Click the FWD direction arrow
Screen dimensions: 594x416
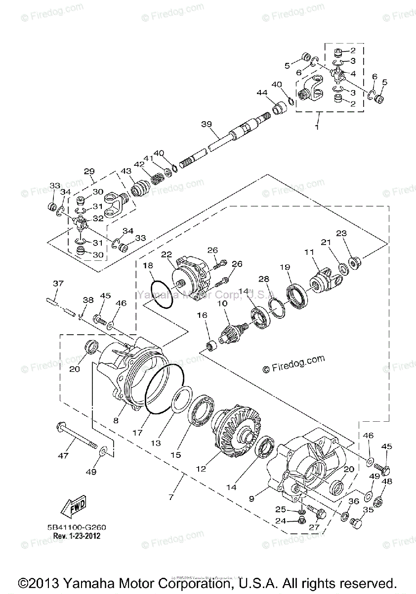point(72,506)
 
